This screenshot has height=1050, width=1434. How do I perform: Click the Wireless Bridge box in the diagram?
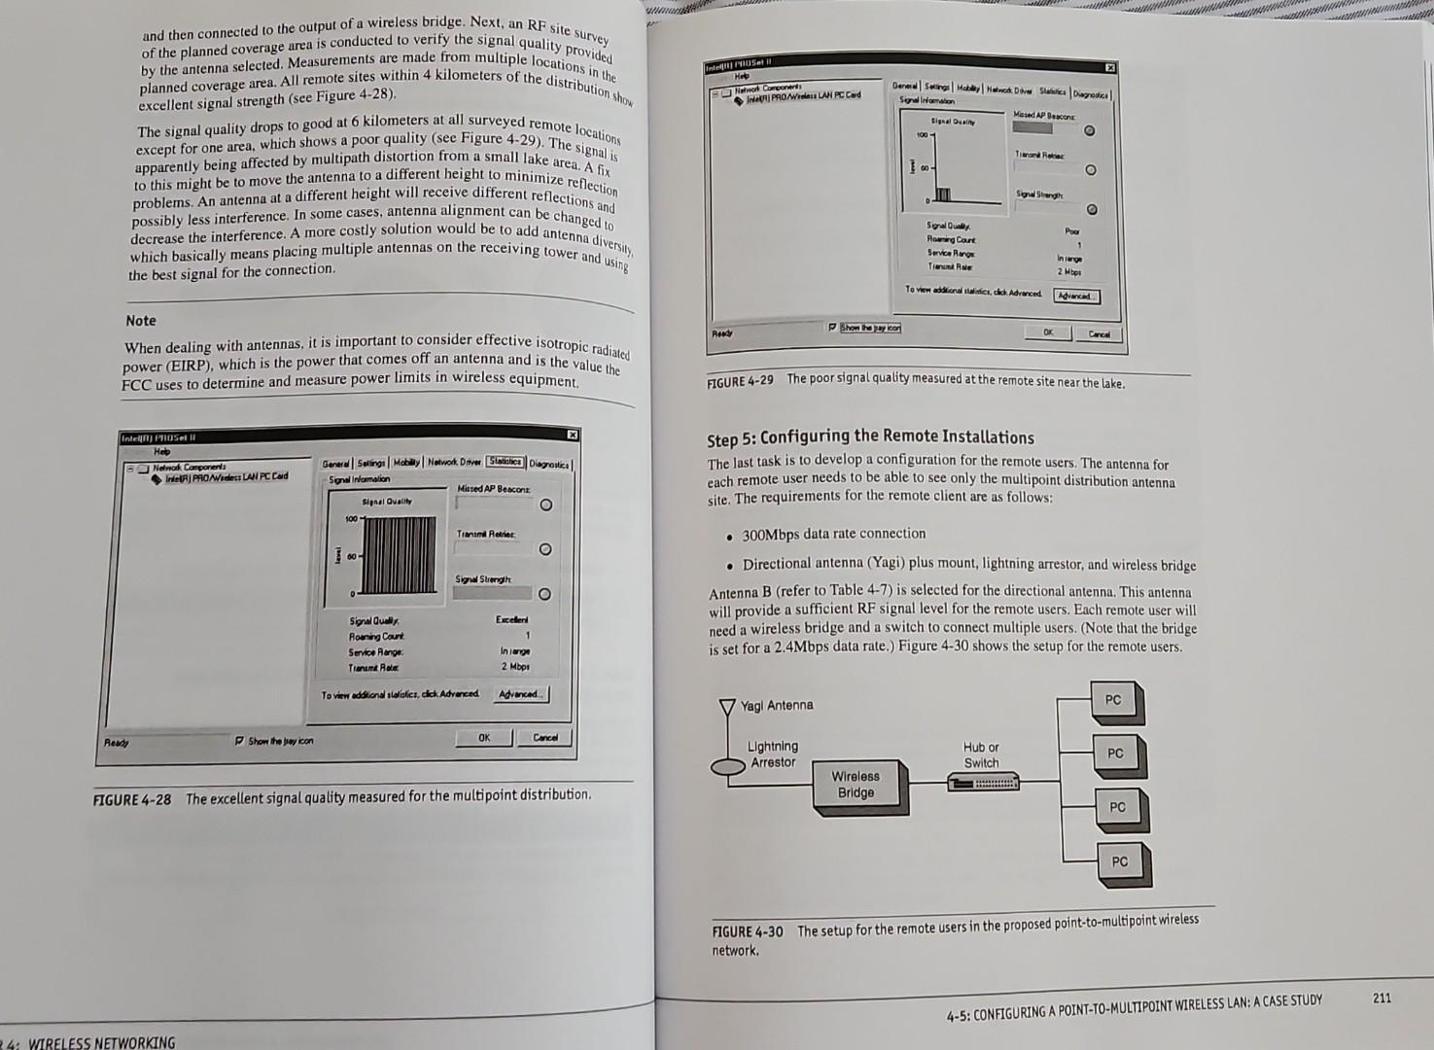[x=855, y=785]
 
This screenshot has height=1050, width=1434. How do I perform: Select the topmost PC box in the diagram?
[x=1113, y=700]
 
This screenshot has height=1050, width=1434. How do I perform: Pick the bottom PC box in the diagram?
[x=1120, y=861]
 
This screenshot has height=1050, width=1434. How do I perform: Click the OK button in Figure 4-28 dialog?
[x=484, y=738]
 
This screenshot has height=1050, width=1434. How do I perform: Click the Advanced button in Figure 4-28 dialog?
[x=522, y=694]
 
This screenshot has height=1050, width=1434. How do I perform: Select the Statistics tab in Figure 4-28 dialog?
[x=505, y=462]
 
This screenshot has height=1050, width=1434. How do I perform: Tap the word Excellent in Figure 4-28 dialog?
[x=512, y=619]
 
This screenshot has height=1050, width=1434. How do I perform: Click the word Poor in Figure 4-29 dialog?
[x=1072, y=231]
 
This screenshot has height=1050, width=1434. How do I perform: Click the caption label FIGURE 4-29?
[x=740, y=380]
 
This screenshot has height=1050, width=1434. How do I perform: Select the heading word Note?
[x=141, y=321]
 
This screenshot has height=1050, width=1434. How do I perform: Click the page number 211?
[x=1382, y=997]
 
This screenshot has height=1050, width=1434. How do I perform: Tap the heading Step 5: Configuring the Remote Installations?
[x=870, y=437]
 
